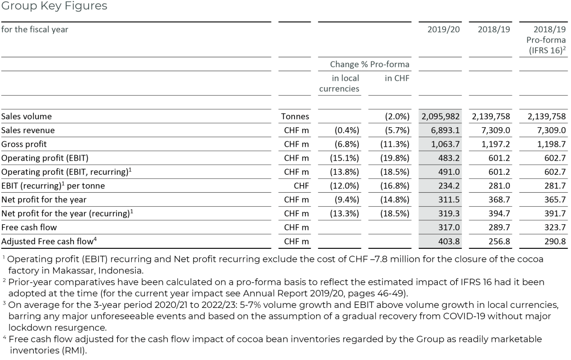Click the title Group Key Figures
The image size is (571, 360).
(54, 7)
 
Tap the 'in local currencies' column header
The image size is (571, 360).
(339, 84)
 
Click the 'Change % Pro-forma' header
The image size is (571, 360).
(369, 64)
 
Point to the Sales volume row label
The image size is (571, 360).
(26, 116)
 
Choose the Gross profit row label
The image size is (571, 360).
(24, 144)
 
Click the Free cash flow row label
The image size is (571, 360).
(29, 227)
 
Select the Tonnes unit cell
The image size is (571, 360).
(295, 116)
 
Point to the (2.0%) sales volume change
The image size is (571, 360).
(396, 116)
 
